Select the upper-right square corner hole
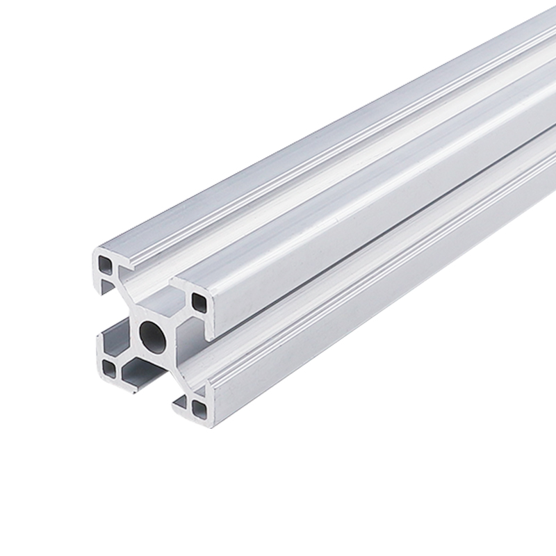(199, 301)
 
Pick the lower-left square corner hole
(108, 366)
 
